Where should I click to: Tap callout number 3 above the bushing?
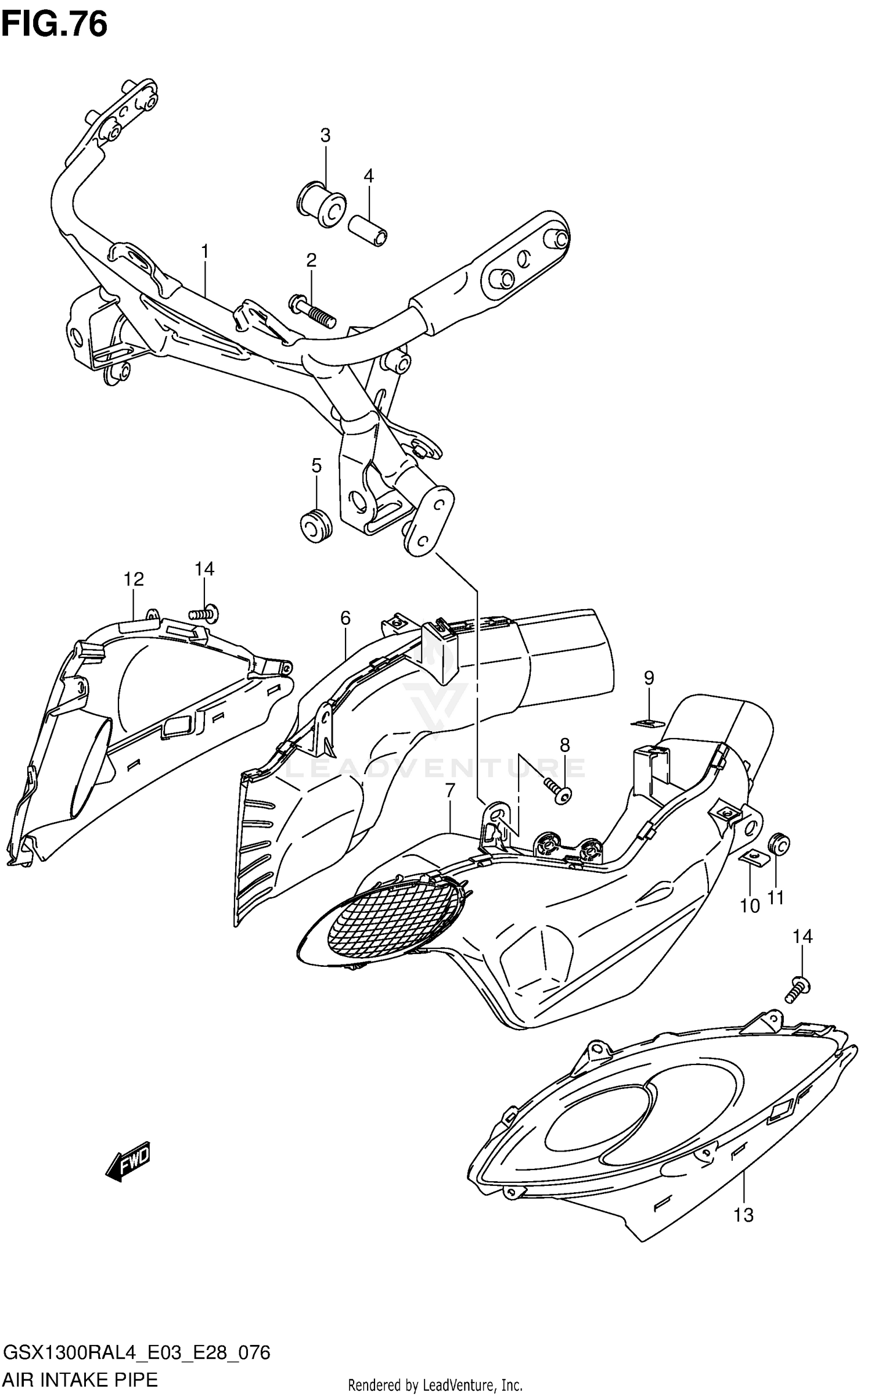[x=325, y=135]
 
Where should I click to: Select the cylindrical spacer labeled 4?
[x=368, y=231]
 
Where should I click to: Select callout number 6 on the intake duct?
[x=345, y=618]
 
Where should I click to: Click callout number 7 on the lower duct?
[x=450, y=791]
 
